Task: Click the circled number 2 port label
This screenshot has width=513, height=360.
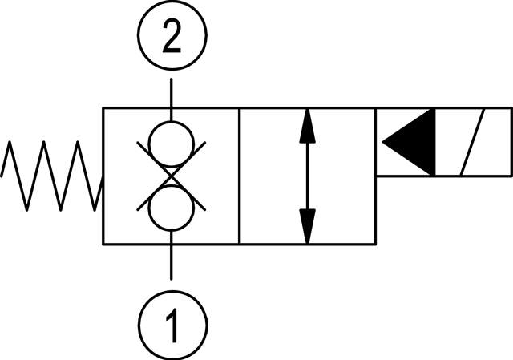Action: click(x=171, y=38)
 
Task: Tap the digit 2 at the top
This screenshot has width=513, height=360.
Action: click(x=171, y=38)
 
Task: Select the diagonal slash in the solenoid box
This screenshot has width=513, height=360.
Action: click(x=473, y=142)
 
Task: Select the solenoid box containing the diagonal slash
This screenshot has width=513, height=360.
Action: click(x=472, y=142)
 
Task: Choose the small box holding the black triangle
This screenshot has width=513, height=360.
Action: click(x=406, y=142)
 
